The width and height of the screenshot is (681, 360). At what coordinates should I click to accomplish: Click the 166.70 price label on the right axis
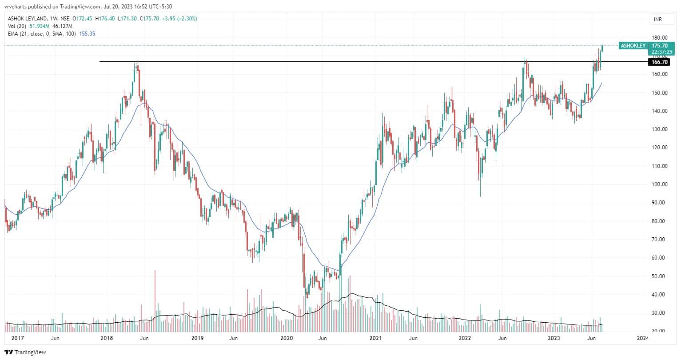tap(658, 62)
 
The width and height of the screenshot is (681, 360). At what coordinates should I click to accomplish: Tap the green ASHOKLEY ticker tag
tap(633, 46)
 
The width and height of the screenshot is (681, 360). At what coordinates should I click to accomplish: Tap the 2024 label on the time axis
tap(642, 339)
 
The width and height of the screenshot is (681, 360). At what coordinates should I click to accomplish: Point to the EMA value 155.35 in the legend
tap(87, 33)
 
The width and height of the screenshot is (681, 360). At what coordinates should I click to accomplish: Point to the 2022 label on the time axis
tap(465, 339)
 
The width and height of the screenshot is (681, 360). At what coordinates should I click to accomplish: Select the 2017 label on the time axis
tap(18, 339)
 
